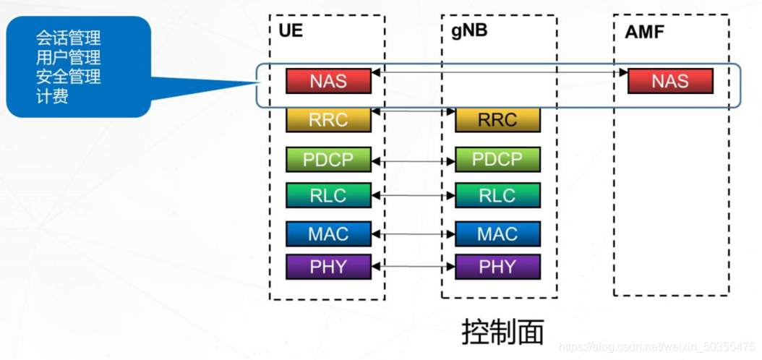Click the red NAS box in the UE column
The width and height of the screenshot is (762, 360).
tap(328, 81)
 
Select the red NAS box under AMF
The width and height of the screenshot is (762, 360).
tap(670, 81)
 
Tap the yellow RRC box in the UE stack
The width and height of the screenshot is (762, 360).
tap(328, 120)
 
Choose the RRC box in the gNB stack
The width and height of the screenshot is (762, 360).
tap(497, 120)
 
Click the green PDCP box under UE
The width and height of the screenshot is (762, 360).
tap(328, 159)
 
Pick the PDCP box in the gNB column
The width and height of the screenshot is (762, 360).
tap(497, 159)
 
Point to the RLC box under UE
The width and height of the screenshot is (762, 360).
tap(328, 195)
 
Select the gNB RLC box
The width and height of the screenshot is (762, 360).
tap(497, 195)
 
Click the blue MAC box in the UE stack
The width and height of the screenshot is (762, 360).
tap(328, 233)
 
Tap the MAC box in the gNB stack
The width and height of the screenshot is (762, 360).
tap(497, 233)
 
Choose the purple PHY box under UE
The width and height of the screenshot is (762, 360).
tap(328, 267)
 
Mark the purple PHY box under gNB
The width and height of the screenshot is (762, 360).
tap(497, 267)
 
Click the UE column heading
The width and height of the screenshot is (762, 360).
tap(291, 31)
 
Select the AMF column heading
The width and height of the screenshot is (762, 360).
tap(644, 32)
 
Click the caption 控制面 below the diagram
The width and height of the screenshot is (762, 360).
tap(502, 332)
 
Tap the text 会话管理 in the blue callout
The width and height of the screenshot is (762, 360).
tap(68, 38)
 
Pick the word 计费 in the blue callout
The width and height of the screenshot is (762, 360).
tap(52, 96)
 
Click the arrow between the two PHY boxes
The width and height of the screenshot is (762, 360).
tap(413, 267)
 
